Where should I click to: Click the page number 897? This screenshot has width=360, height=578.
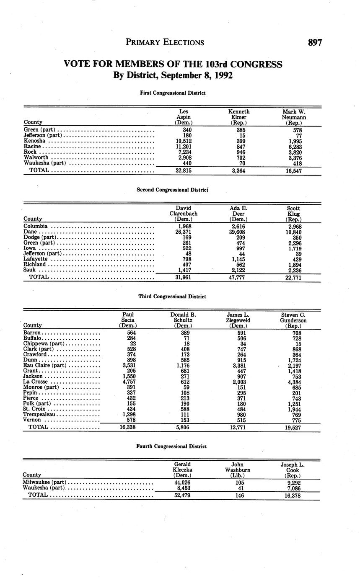coord(314,42)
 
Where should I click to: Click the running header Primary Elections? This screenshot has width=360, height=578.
coord(165,42)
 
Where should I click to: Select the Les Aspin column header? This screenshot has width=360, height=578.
coord(183,117)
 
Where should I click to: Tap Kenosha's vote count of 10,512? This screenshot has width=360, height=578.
coord(184,141)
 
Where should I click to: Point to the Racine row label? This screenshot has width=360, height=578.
coord(32,147)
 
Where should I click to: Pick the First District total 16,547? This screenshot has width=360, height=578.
coord(294,171)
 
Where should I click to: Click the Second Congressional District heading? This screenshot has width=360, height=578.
coord(172,190)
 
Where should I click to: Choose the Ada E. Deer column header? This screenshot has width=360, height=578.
coord(238,214)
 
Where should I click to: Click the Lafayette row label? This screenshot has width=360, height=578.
coord(36,259)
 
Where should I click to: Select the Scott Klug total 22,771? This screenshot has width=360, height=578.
coord(293,277)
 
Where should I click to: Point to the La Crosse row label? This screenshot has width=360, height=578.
coord(35,382)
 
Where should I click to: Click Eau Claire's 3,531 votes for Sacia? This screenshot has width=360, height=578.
coord(127,365)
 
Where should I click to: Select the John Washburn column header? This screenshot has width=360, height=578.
coord(238,470)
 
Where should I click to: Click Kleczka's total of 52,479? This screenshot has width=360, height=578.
coord(182,496)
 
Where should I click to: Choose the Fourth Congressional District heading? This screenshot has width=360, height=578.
coord(171,446)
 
